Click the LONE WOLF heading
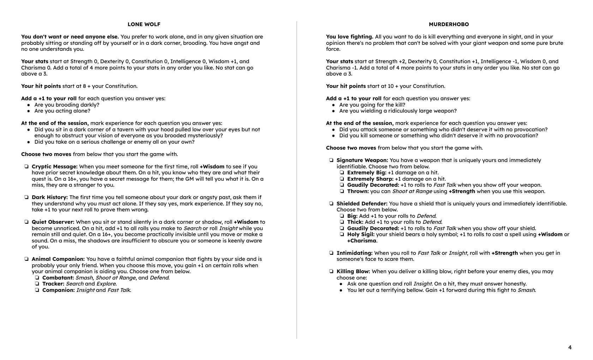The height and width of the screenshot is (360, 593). pyautogui.click(x=144, y=24)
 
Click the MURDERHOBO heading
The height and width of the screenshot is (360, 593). pyautogui.click(x=449, y=24)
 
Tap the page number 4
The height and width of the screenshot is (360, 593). pyautogui.click(x=570, y=347)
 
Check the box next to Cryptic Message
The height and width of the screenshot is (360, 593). pyautogui.click(x=26, y=167)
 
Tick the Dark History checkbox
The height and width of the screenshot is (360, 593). pyautogui.click(x=26, y=197)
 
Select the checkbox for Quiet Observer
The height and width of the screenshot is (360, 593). pyautogui.click(x=26, y=222)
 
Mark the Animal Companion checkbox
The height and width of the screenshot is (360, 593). pyautogui.click(x=26, y=259)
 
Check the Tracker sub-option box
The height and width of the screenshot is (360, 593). pyautogui.click(x=37, y=284)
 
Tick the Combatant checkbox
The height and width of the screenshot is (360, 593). pyautogui.click(x=37, y=278)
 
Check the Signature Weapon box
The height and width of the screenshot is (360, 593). pyautogui.click(x=331, y=160)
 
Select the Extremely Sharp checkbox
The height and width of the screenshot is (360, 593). pyautogui.click(x=342, y=179)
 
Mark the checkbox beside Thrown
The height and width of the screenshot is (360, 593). pyautogui.click(x=342, y=191)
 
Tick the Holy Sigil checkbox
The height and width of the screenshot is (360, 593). pyautogui.click(x=342, y=234)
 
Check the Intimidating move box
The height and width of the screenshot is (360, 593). pyautogui.click(x=331, y=253)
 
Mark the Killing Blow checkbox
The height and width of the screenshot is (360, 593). pyautogui.click(x=331, y=271)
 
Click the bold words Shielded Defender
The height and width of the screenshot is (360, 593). pyautogui.click(x=362, y=204)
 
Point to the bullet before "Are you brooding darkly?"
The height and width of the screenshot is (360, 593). pyautogui.click(x=29, y=105)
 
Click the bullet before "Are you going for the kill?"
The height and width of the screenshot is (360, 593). pyautogui.click(x=334, y=105)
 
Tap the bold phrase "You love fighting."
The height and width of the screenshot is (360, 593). pyautogui.click(x=349, y=37)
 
